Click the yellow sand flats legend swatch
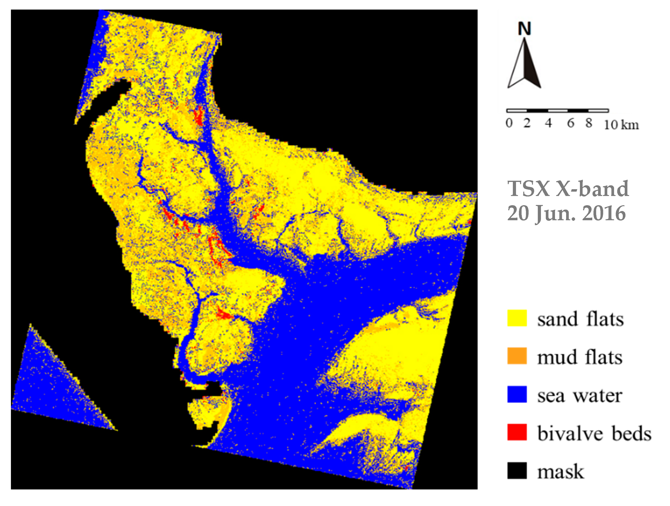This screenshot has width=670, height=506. tap(517, 318)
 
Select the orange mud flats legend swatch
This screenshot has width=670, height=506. tap(517, 356)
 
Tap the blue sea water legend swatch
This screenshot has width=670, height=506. tap(517, 394)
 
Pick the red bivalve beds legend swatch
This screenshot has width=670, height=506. tap(517, 432)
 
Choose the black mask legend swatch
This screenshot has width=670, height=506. tap(517, 471)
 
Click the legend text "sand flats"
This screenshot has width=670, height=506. tap(580, 319)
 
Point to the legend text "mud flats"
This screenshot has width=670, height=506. tap(580, 357)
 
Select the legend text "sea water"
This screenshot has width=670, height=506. tap(580, 396)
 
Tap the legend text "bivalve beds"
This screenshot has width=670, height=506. tap(594, 433)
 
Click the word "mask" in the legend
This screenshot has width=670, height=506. tap(560, 472)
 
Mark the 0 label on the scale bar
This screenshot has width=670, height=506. tap(509, 123)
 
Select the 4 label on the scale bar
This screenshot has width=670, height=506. tap(548, 123)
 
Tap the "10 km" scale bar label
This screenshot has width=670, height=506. tap(621, 124)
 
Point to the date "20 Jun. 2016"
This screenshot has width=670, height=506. tap(566, 213)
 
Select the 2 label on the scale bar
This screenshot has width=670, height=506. tap(527, 123)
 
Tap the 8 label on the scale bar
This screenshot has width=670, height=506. tap(589, 123)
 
